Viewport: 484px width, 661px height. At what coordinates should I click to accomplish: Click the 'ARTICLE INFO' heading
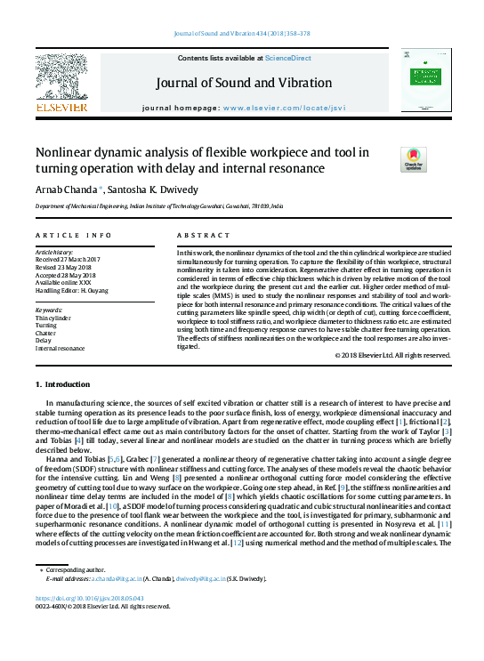pos(73,235)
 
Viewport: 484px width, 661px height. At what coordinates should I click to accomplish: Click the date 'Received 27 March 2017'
pos(69,259)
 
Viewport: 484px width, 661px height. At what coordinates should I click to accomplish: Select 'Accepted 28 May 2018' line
pos(67,274)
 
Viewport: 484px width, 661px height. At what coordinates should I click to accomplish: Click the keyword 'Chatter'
pos(46,333)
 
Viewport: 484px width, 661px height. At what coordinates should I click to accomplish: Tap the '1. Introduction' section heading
pos(61,384)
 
